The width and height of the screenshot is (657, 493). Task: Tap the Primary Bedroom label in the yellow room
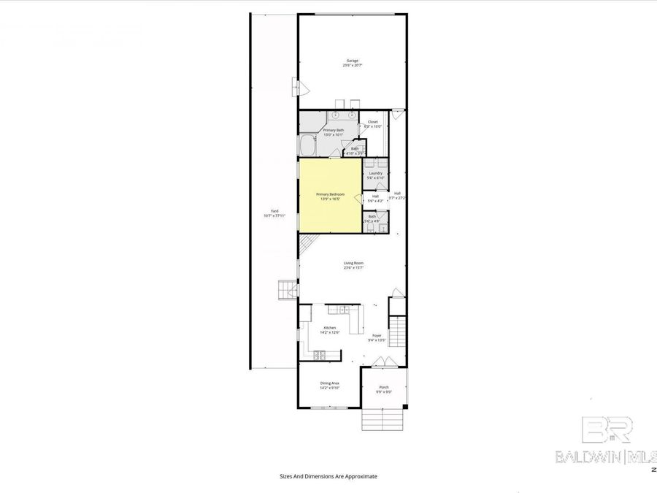[330, 196]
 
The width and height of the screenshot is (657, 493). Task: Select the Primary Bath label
[334, 131]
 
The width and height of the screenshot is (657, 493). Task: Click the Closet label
[372, 123]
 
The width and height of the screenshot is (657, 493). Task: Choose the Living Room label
[353, 264]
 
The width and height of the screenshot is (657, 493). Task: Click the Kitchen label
[330, 329]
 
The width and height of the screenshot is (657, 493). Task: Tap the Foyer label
[377, 337]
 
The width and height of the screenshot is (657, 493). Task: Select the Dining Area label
[329, 385]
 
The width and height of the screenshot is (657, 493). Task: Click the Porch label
[384, 389]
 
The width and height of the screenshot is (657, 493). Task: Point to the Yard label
[274, 213]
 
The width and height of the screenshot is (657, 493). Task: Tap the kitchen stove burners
[319, 355]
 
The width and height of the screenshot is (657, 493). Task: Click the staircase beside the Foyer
[397, 332]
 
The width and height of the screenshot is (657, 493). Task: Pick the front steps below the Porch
[383, 419]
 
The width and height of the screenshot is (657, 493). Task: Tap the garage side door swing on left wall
[300, 88]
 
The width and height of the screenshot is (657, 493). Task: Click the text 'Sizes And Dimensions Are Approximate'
[328, 475]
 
